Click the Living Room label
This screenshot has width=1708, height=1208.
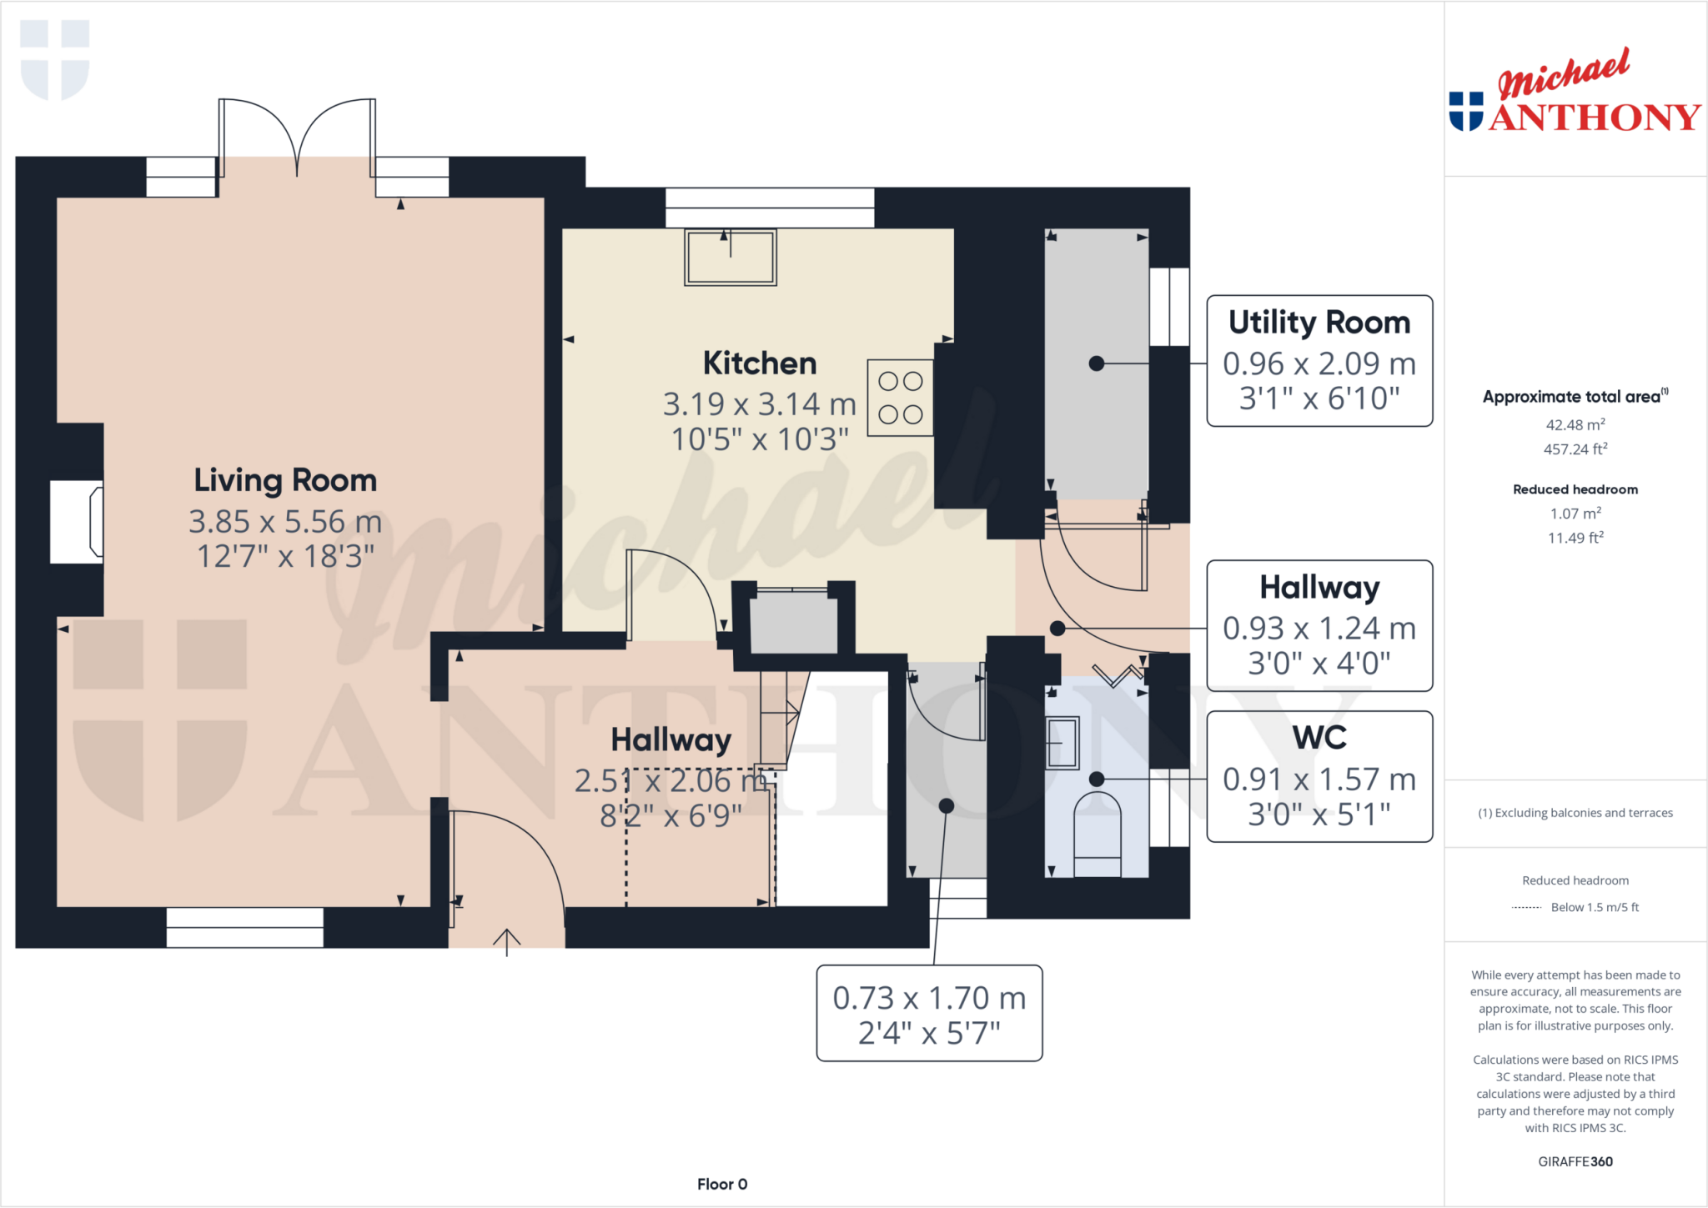pos(285,481)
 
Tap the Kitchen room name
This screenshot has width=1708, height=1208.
pos(759,363)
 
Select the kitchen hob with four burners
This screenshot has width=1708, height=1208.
pos(900,398)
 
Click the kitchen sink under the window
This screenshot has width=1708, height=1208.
pos(731,258)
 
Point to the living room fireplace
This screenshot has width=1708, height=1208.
pos(77,522)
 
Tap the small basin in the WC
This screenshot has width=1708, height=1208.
pos(1062,742)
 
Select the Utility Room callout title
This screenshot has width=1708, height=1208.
pos(1319,323)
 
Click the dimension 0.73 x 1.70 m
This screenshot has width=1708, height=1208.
pos(929,998)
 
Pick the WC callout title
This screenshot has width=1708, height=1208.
pos(1319,738)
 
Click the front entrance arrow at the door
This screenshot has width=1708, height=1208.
pos(506,941)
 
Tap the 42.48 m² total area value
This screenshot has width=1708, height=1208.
pos(1575,424)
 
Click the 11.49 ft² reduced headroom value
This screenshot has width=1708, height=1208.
pos(1575,538)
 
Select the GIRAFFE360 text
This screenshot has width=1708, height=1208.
pos(1575,1161)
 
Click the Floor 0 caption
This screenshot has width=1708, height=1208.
pos(722,1184)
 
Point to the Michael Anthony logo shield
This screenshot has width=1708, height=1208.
pos(1465,112)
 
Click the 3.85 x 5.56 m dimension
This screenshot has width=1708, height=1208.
pos(285,522)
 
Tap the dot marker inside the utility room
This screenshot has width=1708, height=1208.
pos(1097,363)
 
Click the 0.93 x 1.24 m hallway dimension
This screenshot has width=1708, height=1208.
pos(1319,629)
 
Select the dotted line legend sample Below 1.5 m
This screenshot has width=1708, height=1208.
pos(1526,908)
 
